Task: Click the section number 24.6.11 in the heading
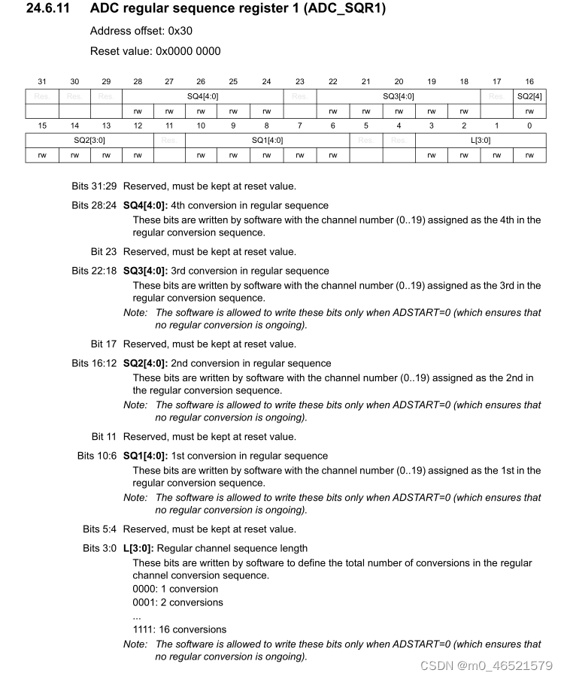click(50, 10)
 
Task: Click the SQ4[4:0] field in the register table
click(202, 96)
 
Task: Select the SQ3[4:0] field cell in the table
click(399, 96)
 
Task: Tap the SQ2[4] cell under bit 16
click(529, 96)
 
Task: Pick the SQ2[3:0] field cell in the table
click(89, 140)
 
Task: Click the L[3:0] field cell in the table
click(481, 140)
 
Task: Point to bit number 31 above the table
click(42, 81)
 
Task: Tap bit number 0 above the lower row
click(529, 126)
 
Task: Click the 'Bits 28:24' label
click(94, 205)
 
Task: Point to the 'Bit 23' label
click(104, 252)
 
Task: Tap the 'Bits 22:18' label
click(94, 271)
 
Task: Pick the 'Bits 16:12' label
click(94, 363)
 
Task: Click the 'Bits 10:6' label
click(97, 456)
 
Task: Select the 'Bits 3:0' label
click(99, 548)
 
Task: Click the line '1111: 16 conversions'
click(179, 629)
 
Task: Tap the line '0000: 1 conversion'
click(175, 589)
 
